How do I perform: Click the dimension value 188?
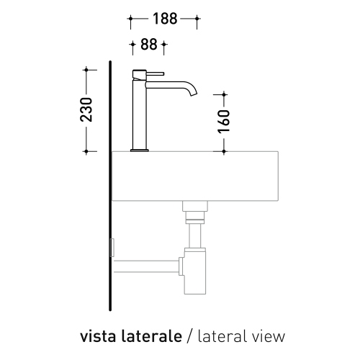[163, 19]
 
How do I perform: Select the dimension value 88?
[148, 45]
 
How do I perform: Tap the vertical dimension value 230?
[86, 110]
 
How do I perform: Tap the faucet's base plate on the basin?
[140, 150]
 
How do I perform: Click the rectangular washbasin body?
[194, 176]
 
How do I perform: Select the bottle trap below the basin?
[194, 271]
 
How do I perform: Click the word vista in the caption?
[96, 336]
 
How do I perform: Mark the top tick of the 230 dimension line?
[86, 69]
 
